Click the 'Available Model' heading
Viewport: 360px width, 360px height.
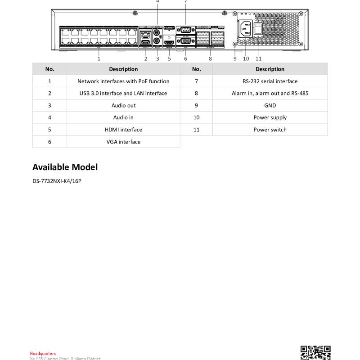[x=65, y=167]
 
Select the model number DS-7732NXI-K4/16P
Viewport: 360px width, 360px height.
[x=57, y=181]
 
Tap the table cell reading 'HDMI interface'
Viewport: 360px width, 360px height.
[x=123, y=130]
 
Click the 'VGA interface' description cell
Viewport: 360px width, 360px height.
[x=123, y=142]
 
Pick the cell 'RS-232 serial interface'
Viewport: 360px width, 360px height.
[x=270, y=81]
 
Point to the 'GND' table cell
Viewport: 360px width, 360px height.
[x=270, y=105]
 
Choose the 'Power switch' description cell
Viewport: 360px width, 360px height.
[x=270, y=130]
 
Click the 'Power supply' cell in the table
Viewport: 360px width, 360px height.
[x=270, y=117]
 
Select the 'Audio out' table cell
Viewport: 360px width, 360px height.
[x=123, y=105]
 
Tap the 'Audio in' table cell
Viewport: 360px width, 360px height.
[x=123, y=117]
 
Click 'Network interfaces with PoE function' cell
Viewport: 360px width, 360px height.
[x=123, y=81]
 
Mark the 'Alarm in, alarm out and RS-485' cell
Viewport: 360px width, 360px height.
[x=270, y=94]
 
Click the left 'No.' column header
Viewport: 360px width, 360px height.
[x=49, y=69]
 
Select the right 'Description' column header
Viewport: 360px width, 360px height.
[x=270, y=69]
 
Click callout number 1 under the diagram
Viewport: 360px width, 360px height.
[x=99, y=58]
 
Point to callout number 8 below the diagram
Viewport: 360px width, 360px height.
[x=210, y=58]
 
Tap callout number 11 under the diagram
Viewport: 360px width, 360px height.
[x=258, y=58]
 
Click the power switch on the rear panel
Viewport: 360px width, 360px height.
[x=258, y=29]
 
